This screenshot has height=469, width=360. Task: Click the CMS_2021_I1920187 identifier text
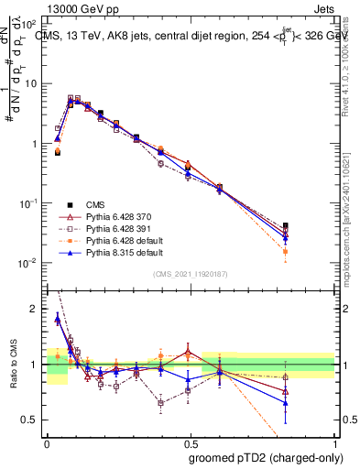point(191,274)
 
